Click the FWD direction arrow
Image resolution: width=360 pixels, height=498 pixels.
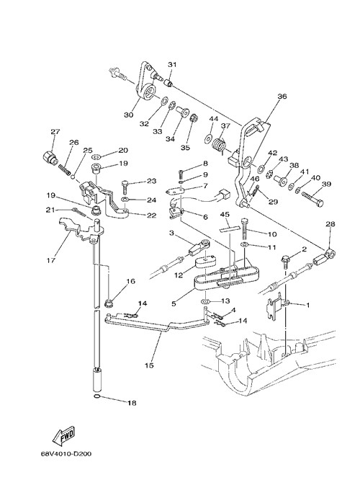[x=64, y=434]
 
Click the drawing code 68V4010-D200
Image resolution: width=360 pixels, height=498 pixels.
[x=66, y=453]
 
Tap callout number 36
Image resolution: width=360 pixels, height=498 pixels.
[x=282, y=96]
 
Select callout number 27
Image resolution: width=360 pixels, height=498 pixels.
[x=55, y=131]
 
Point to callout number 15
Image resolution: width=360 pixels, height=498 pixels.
[x=149, y=365]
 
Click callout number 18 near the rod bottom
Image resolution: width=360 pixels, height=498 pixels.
[x=132, y=403]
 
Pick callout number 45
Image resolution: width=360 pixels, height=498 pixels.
[x=225, y=214]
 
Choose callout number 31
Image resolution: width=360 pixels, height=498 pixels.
[x=172, y=64]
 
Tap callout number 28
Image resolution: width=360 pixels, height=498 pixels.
[x=330, y=224]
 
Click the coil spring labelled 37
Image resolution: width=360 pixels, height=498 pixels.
[x=219, y=144]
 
